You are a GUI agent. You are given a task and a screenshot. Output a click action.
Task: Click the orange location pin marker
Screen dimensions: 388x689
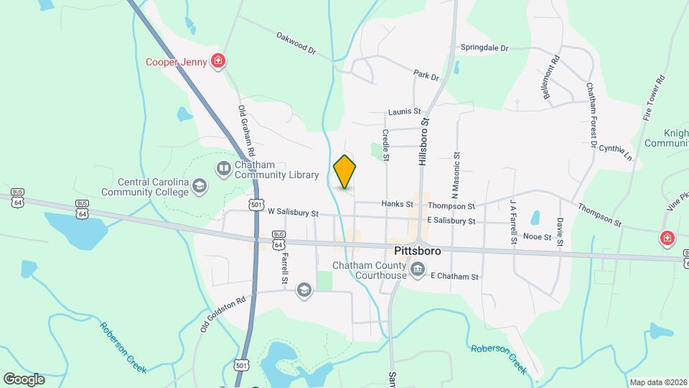pyautogui.click(x=344, y=172)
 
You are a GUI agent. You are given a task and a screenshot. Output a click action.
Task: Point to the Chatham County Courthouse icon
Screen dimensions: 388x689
pyautogui.click(x=418, y=271)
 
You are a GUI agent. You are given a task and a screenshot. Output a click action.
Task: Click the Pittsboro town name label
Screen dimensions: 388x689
pyautogui.click(x=417, y=252)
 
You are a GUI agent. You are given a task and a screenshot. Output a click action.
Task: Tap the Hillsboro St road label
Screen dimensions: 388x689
pyautogui.click(x=423, y=142)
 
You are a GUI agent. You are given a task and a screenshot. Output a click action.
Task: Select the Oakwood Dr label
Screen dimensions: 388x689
pyautogui.click(x=296, y=42)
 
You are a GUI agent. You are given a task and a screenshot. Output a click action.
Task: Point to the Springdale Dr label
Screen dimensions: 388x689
pyautogui.click(x=484, y=48)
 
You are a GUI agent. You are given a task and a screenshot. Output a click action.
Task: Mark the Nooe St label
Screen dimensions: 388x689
pyautogui.click(x=537, y=236)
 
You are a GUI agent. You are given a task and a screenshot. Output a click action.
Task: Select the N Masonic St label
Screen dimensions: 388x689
pyautogui.click(x=454, y=175)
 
